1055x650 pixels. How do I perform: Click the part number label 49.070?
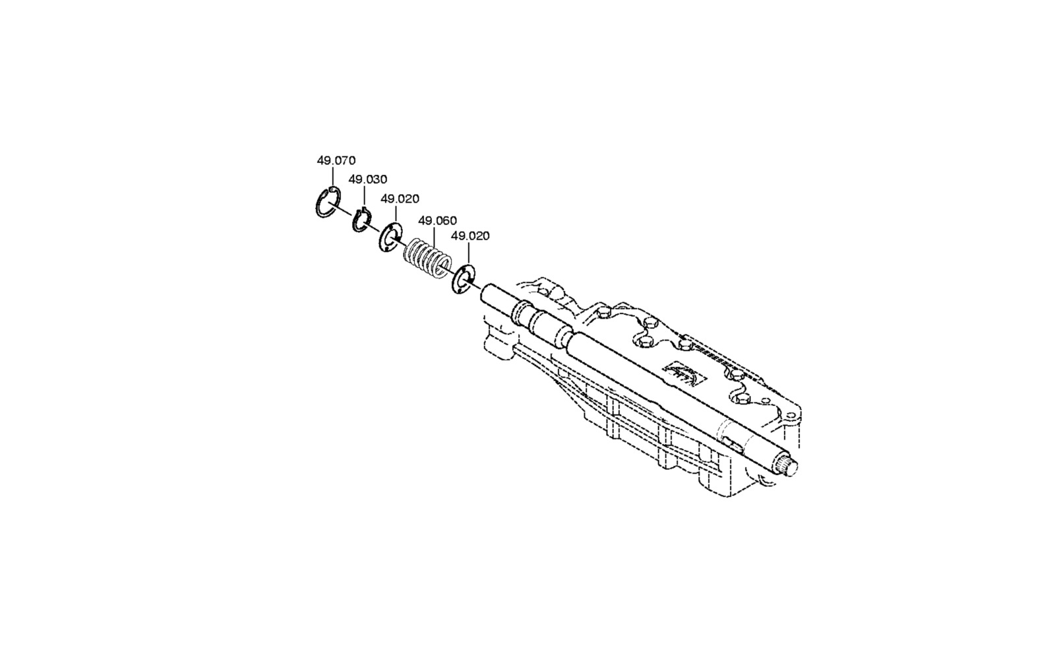(x=336, y=160)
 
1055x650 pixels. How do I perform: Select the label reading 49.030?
(x=367, y=179)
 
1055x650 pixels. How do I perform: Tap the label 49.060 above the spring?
(x=437, y=220)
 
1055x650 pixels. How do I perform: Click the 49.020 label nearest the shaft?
(x=470, y=236)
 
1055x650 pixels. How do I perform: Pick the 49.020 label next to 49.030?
(x=400, y=199)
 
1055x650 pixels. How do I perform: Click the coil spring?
(x=428, y=258)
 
